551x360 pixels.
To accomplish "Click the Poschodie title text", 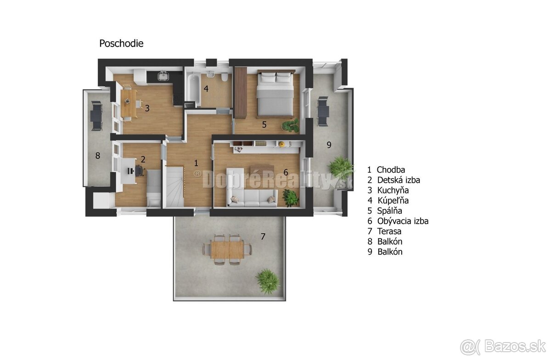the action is [121, 44].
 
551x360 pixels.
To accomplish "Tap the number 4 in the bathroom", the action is [206, 89].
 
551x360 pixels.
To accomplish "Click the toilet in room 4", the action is [225, 77].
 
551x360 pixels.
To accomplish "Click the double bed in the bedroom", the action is [276, 94].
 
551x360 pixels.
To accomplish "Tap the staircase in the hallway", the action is [174, 186].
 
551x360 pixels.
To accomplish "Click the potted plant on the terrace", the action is [268, 281].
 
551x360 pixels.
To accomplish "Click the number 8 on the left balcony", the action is [98, 156].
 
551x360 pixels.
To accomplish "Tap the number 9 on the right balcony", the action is [329, 145].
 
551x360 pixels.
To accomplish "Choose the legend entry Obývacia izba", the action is [398, 221].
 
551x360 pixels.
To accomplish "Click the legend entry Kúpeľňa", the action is [388, 200].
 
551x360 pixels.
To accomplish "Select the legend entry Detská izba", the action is [394, 180].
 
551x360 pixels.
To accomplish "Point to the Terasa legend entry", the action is [384, 231].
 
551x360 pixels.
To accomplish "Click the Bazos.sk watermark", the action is [503, 347].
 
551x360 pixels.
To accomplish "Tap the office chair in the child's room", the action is [139, 170].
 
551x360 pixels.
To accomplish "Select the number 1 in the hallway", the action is [196, 163].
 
